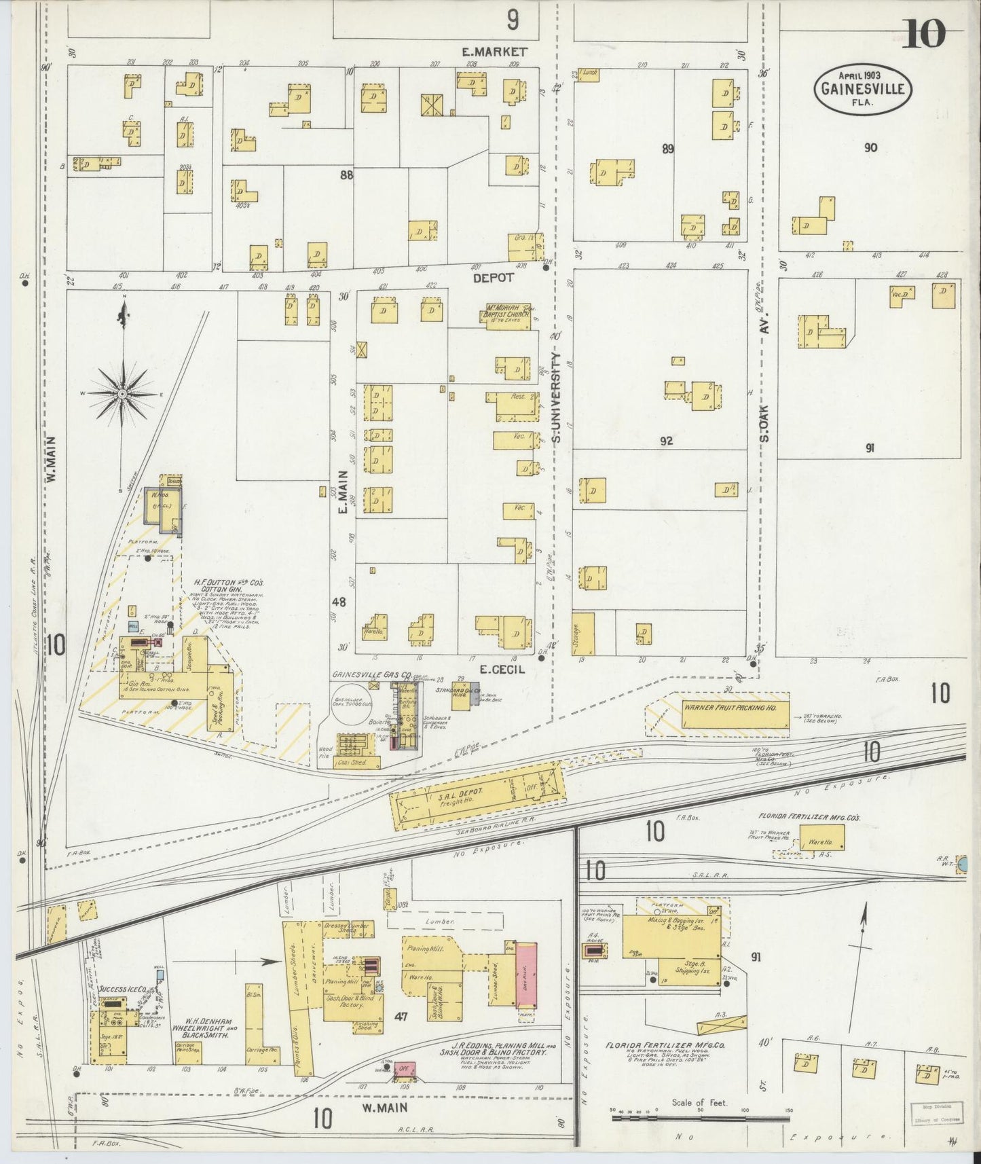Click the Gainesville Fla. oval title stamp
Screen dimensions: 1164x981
pyautogui.click(x=864, y=89)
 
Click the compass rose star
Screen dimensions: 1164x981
pyautogui.click(x=122, y=393)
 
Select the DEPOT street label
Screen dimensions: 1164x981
pyautogui.click(x=493, y=278)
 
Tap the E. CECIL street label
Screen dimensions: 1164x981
pyautogui.click(x=502, y=669)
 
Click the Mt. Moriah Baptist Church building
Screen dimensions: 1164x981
pyautogui.click(x=506, y=316)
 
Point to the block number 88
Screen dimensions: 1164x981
pyautogui.click(x=347, y=175)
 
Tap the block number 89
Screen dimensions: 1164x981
pyautogui.click(x=667, y=149)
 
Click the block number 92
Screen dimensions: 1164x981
pyautogui.click(x=666, y=441)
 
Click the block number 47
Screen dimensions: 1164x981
pyautogui.click(x=401, y=1017)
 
